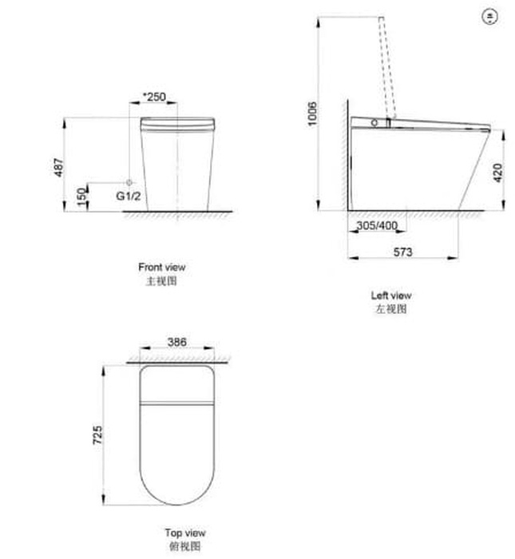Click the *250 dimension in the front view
pos(153,97)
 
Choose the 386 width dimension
pos(176,342)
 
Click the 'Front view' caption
pos(161,268)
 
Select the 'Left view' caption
pos(391,295)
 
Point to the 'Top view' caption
pos(185,533)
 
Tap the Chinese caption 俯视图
pos(185,546)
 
